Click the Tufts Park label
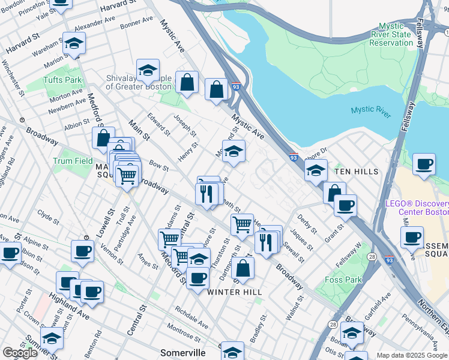click(62, 80)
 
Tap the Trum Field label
click(73, 161)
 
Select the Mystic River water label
click(370, 109)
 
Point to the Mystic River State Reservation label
click(396, 34)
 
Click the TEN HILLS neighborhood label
click(357, 172)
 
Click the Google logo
click(19, 353)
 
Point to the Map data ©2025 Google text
click(412, 355)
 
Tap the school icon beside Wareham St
click(74, 44)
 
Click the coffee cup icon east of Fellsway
click(424, 164)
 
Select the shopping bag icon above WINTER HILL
click(243, 269)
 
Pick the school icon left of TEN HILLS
click(316, 171)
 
